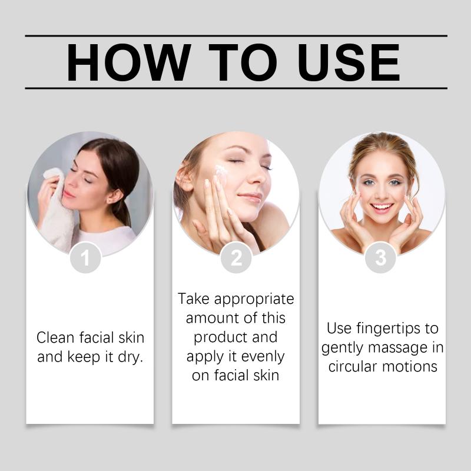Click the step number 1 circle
[x=85, y=258]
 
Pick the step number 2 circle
[x=236, y=258]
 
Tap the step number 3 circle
[x=380, y=258]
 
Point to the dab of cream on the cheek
[x=221, y=171]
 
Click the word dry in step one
[x=130, y=357]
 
